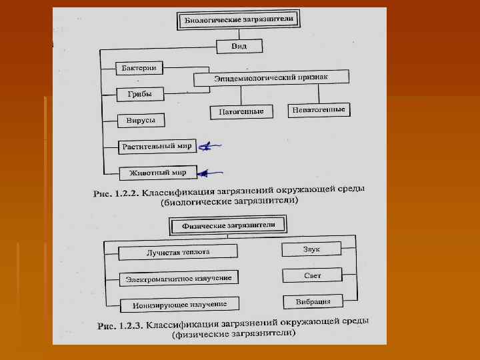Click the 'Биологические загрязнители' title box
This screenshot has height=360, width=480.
238,20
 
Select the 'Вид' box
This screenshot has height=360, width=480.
239,46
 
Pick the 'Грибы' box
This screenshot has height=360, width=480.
140,95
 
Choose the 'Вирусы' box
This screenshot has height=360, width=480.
140,121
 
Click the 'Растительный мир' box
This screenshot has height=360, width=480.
157,146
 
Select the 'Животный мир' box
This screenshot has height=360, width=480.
157,172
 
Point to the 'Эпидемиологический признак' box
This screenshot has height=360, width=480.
271,79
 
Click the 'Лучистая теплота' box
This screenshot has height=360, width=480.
178,252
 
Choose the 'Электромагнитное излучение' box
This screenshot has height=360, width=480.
179,277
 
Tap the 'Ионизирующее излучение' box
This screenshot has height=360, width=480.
179,305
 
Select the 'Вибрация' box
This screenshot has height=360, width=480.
313,301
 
